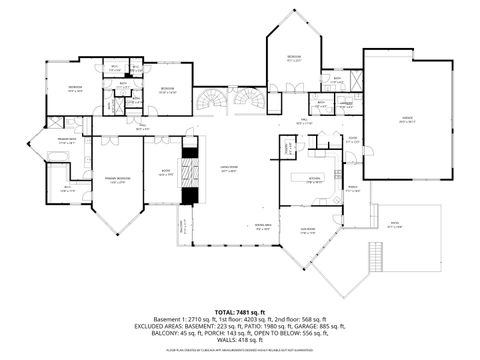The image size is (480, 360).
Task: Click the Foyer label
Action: (x=352, y=141)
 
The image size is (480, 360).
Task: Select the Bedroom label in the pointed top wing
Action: (x=294, y=57)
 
